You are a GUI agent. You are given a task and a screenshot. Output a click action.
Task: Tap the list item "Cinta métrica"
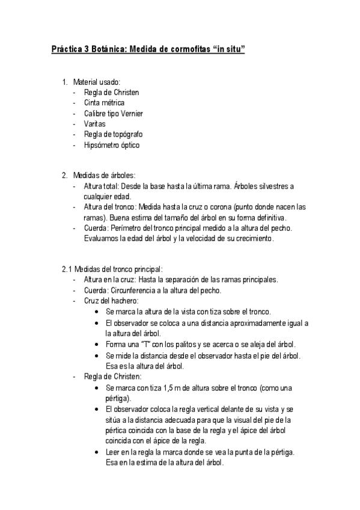pos(105,103)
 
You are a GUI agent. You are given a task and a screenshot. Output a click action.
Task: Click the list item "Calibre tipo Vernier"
pos(114,113)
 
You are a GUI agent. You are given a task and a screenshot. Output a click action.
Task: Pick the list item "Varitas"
pos(95,123)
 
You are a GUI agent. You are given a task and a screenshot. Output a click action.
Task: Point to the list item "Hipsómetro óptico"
pos(112,144)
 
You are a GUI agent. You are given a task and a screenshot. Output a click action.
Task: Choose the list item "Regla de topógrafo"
pos(113,134)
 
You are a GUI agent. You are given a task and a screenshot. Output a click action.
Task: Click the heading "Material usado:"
pos(96,82)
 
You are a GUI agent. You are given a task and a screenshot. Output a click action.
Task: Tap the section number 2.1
pos(66,269)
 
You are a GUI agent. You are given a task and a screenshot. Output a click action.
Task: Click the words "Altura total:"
pos(102,186)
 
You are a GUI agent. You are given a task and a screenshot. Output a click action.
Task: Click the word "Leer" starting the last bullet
pos(112,452)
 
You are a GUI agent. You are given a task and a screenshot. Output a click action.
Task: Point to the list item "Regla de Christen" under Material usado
pos(111,93)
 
